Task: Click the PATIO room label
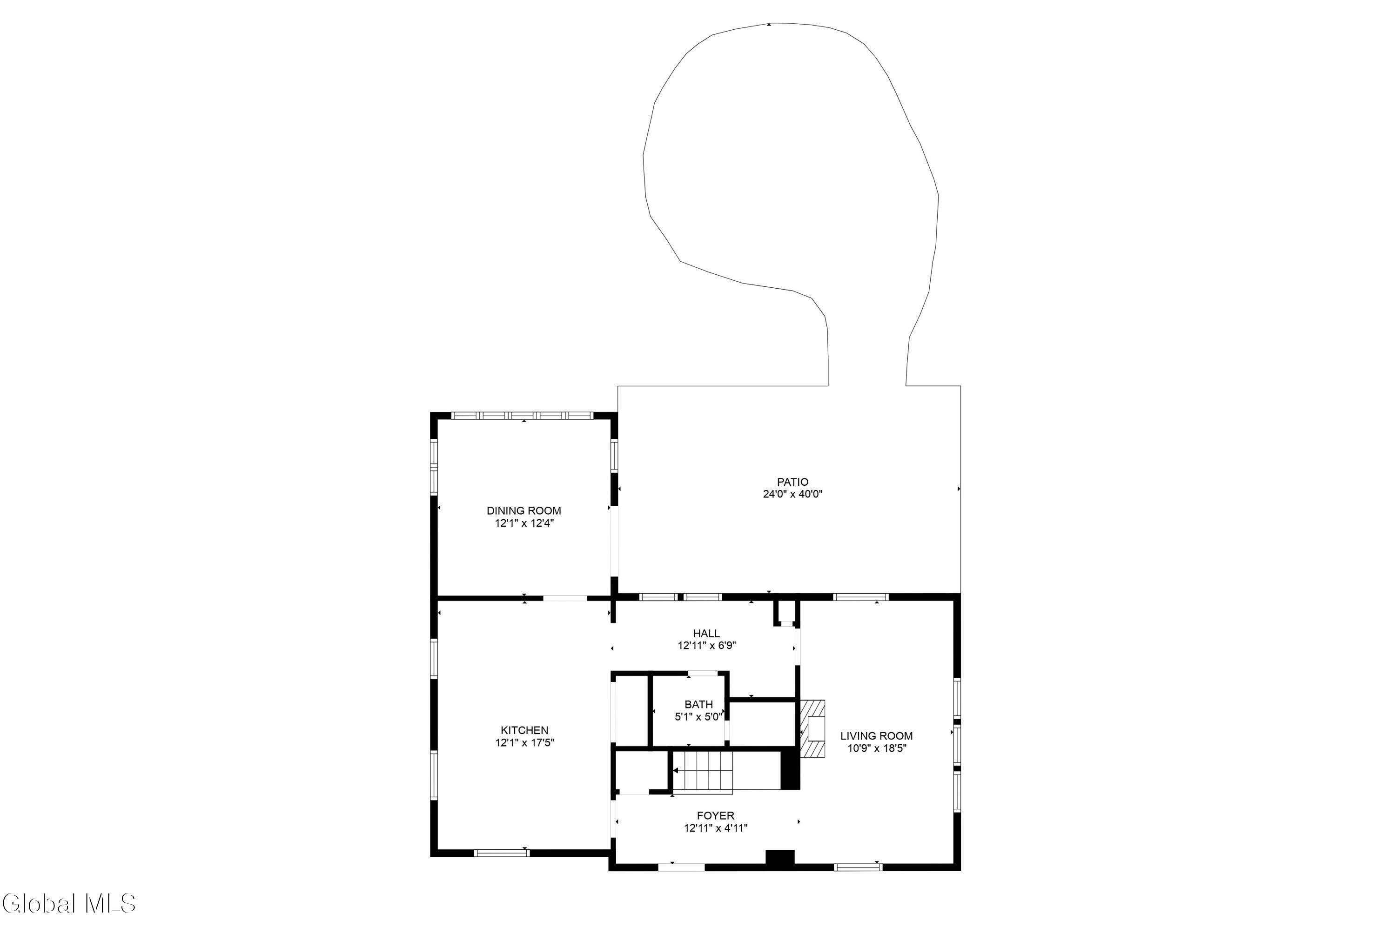click(792, 482)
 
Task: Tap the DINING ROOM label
click(524, 510)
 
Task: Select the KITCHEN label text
click(524, 730)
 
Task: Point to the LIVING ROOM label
click(876, 735)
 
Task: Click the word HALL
click(706, 633)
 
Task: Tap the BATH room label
click(698, 704)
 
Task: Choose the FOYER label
click(715, 815)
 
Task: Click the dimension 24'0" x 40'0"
click(792, 494)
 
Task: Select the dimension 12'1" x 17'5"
click(524, 742)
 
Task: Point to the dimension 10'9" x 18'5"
click(876, 748)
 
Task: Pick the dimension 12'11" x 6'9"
click(707, 645)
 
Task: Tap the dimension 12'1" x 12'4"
click(524, 523)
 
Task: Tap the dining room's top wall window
click(523, 416)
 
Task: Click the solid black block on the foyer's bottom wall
click(780, 858)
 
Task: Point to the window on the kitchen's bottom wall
click(502, 853)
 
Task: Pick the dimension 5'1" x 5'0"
click(698, 717)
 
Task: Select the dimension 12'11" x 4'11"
click(715, 828)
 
